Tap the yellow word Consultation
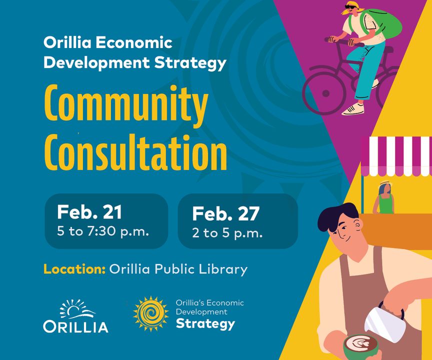(x=135, y=152)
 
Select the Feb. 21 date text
(x=89, y=212)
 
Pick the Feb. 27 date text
(x=225, y=213)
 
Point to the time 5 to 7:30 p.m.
(x=103, y=231)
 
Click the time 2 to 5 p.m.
(x=227, y=233)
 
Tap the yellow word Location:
(x=74, y=269)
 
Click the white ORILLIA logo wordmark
(x=75, y=326)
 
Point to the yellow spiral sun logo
(x=150, y=313)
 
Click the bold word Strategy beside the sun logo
(x=205, y=323)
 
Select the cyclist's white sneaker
(x=353, y=109)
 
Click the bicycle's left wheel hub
(x=325, y=93)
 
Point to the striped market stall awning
(x=396, y=156)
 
